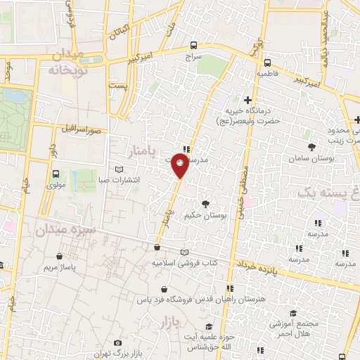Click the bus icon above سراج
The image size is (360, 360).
click(x=193, y=45)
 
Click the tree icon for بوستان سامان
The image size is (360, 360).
click(x=311, y=146)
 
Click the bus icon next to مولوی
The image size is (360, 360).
click(x=56, y=174)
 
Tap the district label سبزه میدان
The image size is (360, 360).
click(x=55, y=229)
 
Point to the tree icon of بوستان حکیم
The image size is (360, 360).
click(x=205, y=203)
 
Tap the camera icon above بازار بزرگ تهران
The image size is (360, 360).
click(x=117, y=342)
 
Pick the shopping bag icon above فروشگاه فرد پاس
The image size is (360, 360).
click(x=164, y=289)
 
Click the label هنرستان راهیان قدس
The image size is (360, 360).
click(x=213, y=300)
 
